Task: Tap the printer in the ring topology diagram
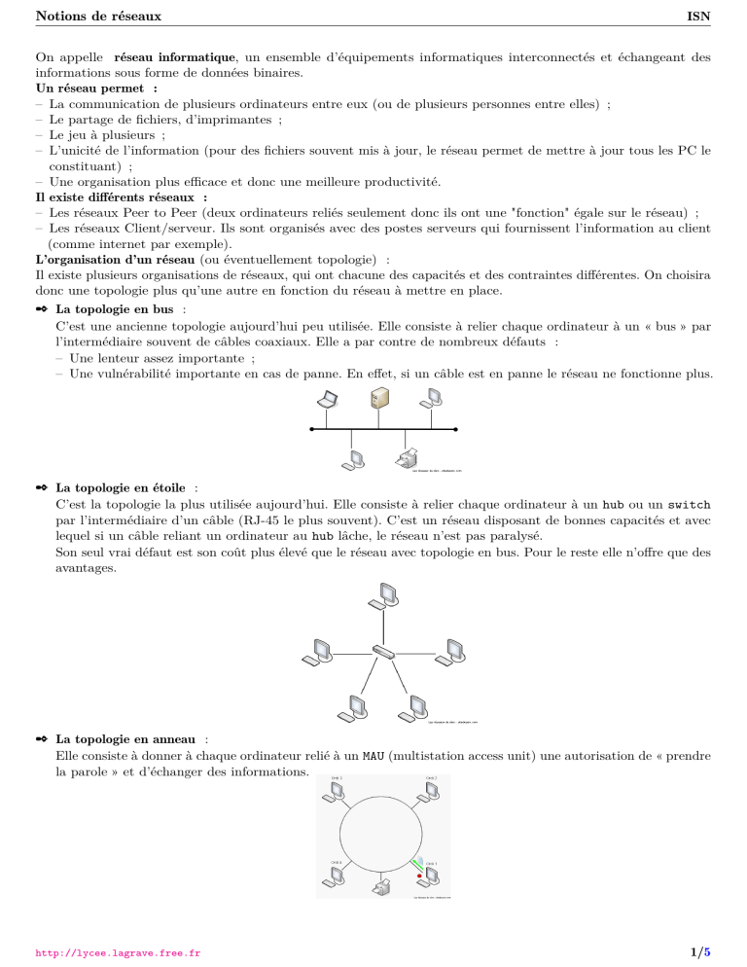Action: pos(383,886)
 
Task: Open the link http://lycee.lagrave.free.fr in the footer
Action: pos(118,952)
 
